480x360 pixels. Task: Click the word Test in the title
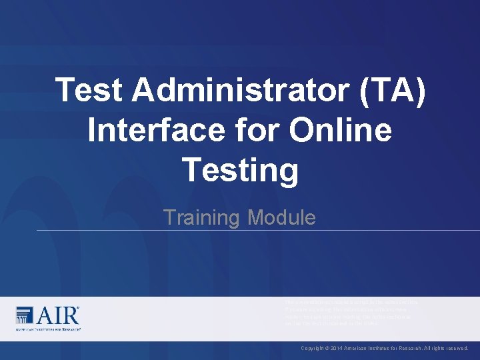(x=89, y=91)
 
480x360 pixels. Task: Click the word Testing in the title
(x=240, y=170)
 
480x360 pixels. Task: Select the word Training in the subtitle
(x=202, y=217)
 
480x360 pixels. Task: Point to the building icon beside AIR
(x=24, y=315)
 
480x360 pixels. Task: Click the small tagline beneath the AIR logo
(x=47, y=329)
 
